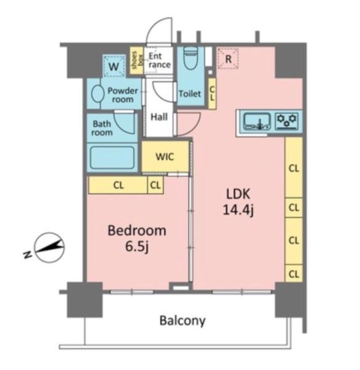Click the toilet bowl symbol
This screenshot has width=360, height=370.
190,59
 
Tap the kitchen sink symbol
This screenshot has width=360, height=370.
257,121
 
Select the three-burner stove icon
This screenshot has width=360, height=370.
287,121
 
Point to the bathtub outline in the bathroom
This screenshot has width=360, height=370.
112,157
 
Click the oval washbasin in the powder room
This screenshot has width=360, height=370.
97,94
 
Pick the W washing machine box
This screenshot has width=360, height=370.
114,66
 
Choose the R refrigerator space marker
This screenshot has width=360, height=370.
228,59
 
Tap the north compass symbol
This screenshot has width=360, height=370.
49,247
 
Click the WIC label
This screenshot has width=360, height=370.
165,157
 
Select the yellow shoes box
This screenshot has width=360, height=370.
137,60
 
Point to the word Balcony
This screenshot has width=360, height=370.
182,321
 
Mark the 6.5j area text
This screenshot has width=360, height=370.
137,247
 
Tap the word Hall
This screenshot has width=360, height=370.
159,117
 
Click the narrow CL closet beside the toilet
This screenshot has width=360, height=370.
212,94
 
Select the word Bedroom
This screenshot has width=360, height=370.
137,231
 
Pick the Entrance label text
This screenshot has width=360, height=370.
159,60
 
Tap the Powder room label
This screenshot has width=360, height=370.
123,95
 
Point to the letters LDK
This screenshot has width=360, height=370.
238,194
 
